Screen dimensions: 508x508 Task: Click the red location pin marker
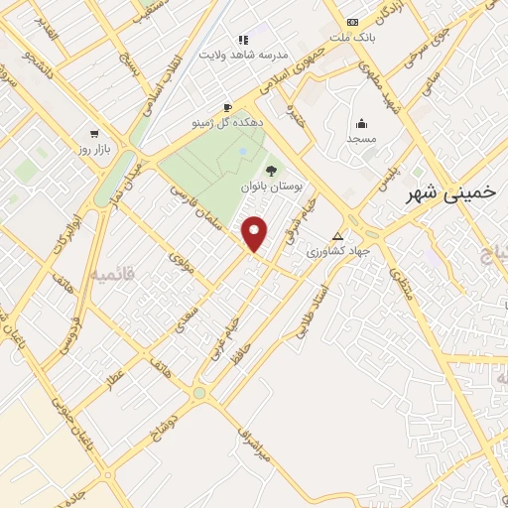(255, 233)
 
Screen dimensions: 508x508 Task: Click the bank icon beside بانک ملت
(352, 22)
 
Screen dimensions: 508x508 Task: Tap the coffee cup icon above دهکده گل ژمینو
(227, 107)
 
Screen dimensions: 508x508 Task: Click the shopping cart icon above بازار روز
(94, 133)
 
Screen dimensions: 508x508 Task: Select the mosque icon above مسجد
(361, 124)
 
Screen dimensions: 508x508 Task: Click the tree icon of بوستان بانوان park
(271, 171)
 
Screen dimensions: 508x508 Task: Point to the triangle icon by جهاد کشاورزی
(338, 236)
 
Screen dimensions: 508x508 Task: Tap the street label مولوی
(180, 263)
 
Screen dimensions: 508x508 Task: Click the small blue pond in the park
(244, 151)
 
